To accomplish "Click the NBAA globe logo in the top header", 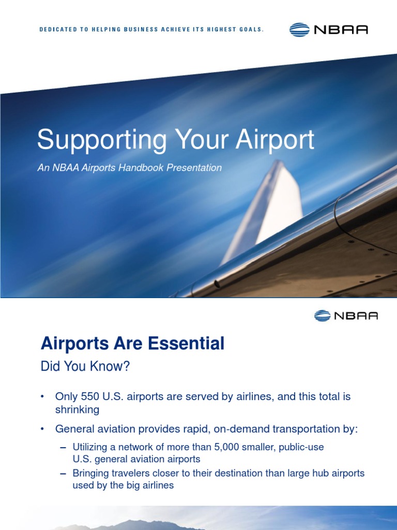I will [300, 30].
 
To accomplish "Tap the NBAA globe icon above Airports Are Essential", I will [322, 315].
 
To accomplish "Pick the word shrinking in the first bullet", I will [77, 409].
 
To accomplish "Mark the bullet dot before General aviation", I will [43, 429].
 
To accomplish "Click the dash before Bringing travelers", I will [63, 473].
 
